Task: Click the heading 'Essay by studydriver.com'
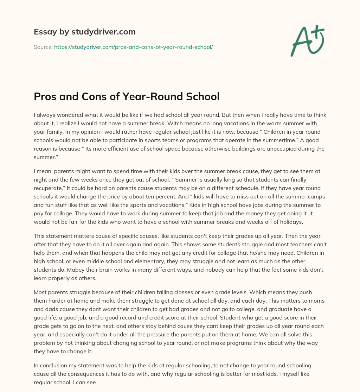(x=84, y=32)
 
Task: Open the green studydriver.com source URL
(x=134, y=47)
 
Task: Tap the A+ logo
(x=307, y=40)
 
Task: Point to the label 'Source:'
(x=43, y=47)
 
